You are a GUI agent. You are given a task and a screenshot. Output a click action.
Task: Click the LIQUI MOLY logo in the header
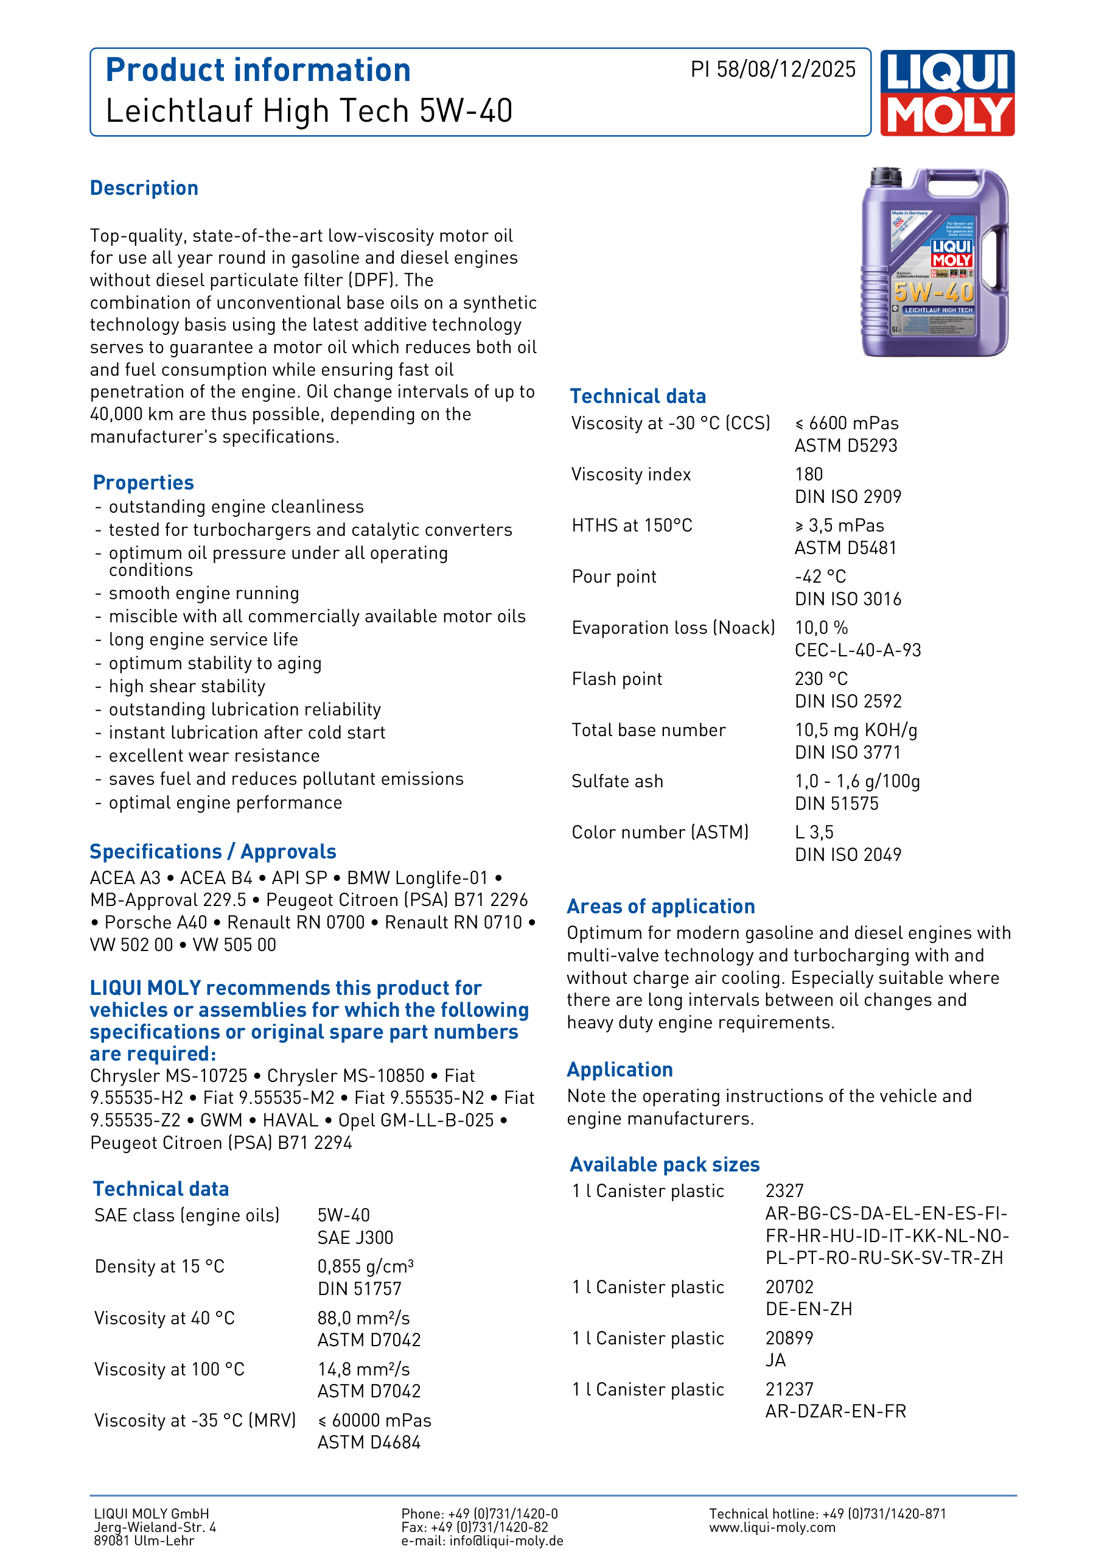pyautogui.click(x=947, y=93)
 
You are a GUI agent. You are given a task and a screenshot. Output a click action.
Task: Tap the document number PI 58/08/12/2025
pyautogui.click(x=772, y=69)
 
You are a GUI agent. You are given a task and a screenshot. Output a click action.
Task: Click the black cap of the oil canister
pyautogui.click(x=886, y=177)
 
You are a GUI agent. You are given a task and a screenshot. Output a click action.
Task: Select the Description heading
pyautogui.click(x=144, y=188)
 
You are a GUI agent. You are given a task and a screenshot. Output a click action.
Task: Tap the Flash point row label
pyautogui.click(x=617, y=679)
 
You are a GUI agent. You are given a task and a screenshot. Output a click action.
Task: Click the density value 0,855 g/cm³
pyautogui.click(x=365, y=1266)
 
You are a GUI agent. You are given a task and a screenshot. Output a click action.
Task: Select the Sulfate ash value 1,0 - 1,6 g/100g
pyautogui.click(x=857, y=781)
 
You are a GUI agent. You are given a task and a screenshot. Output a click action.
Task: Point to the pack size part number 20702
pyautogui.click(x=789, y=1287)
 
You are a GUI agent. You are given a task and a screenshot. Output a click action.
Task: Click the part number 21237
pyautogui.click(x=789, y=1389)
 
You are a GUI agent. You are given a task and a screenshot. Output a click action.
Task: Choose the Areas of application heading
pyautogui.click(x=660, y=907)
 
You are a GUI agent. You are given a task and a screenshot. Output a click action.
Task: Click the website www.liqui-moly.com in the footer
pyautogui.click(x=772, y=1527)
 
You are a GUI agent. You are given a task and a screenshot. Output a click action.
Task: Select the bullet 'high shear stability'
pyautogui.click(x=187, y=686)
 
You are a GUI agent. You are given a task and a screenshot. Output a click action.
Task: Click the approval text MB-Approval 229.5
pyautogui.click(x=168, y=900)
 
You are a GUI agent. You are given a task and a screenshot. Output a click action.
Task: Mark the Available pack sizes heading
pyautogui.click(x=665, y=1164)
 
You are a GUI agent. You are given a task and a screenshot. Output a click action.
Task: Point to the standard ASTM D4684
pyautogui.click(x=369, y=1442)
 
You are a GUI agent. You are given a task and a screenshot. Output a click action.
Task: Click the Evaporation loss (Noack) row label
pyautogui.click(x=673, y=628)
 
